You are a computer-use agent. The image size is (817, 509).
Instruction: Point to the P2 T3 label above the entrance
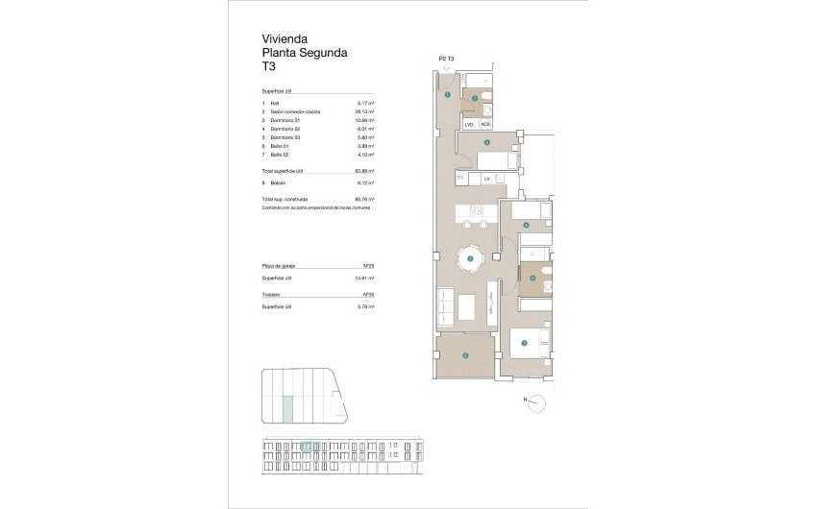[446, 60]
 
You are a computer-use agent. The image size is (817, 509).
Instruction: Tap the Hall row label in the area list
[275, 103]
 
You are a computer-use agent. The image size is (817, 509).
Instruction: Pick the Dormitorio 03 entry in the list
[285, 136]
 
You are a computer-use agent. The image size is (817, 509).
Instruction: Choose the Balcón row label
[280, 182]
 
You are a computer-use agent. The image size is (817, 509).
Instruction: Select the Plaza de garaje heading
[279, 265]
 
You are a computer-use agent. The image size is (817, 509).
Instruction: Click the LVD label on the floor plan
[469, 124]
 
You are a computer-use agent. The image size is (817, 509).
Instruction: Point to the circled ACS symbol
[485, 124]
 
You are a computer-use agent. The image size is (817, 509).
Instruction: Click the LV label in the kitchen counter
[487, 179]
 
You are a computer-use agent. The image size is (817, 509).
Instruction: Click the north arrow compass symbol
[539, 400]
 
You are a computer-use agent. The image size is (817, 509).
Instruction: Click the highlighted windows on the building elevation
[309, 446]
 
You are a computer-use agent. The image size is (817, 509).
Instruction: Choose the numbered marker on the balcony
[465, 355]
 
